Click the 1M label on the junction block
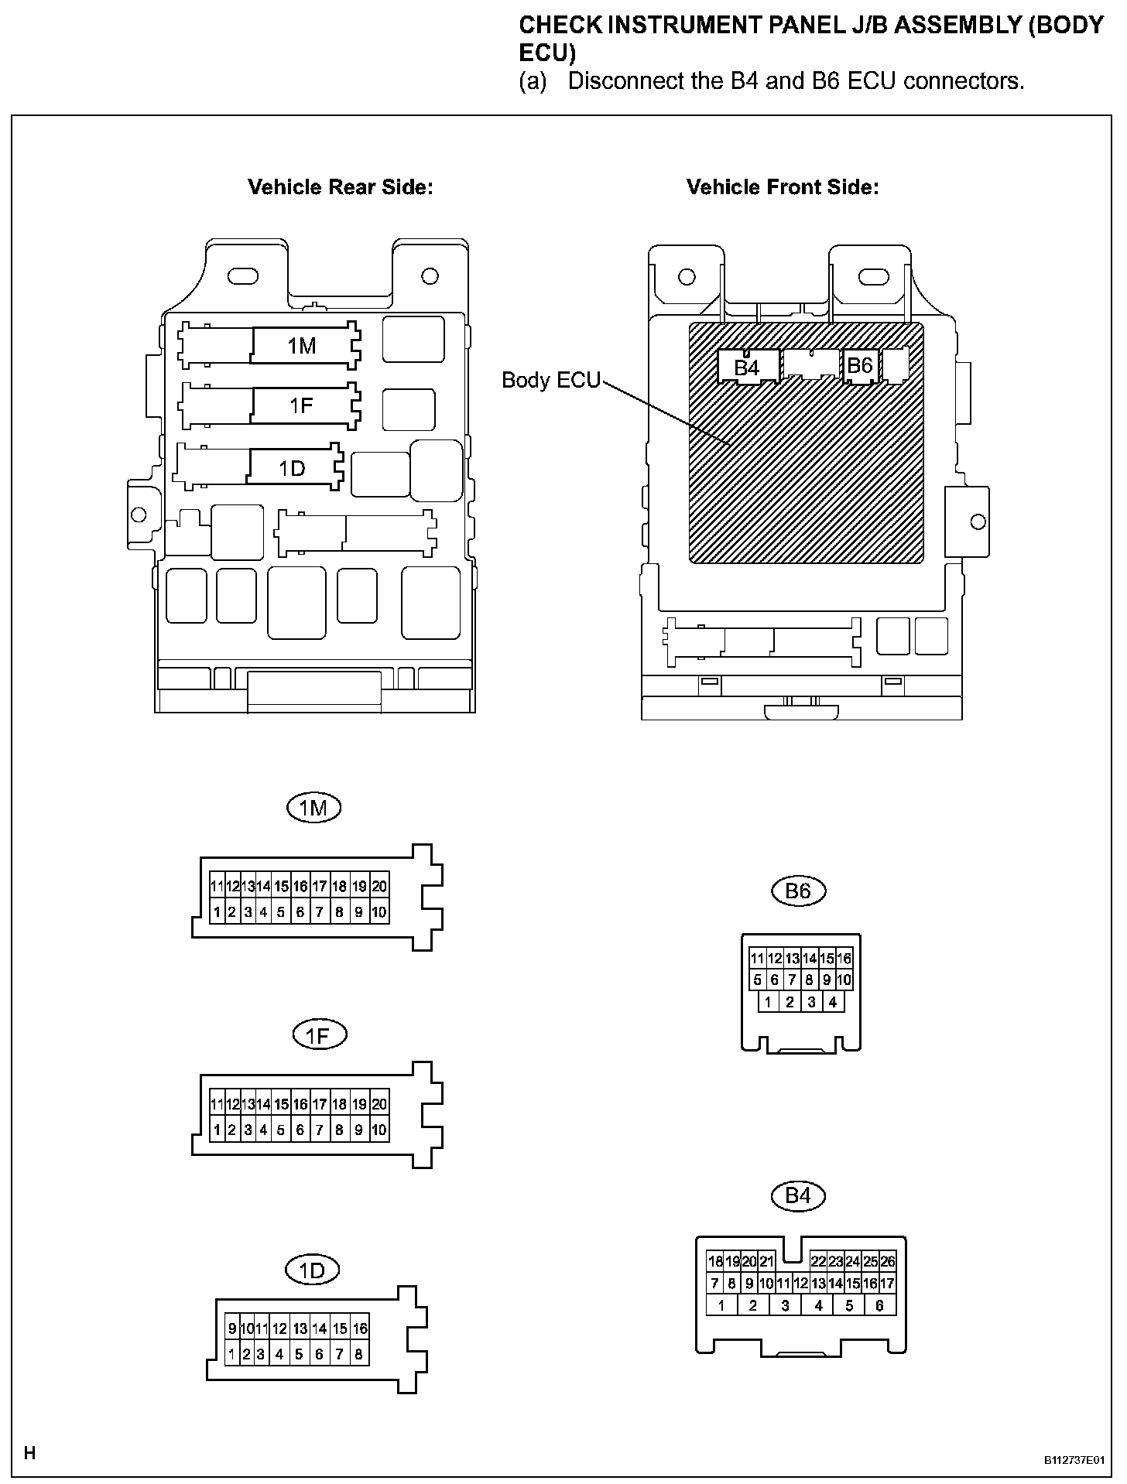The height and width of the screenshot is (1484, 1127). point(302,346)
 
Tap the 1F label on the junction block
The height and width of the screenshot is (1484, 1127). point(301,405)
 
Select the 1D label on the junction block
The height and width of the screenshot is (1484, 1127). point(292,468)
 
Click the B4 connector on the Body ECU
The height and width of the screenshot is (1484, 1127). point(746,368)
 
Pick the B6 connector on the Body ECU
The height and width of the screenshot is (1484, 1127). point(860,365)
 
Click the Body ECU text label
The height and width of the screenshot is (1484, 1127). point(550,380)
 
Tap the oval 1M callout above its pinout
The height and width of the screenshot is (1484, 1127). point(313,809)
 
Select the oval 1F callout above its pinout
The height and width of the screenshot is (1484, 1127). point(319,1035)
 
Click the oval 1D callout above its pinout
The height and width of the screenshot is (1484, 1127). point(313,1270)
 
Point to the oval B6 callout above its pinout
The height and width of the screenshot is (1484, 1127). point(798,891)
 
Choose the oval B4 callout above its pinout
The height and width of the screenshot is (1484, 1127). point(798,1195)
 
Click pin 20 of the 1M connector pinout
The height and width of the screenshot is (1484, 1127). point(379,887)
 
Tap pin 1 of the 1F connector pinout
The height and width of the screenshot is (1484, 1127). point(217,1130)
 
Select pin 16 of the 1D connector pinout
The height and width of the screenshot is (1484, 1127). point(360,1328)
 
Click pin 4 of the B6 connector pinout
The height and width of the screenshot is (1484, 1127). point(832,1002)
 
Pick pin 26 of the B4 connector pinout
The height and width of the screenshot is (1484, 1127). point(888,1261)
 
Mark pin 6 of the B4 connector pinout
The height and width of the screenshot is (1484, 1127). point(879,1305)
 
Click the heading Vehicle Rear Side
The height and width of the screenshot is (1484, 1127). point(340,187)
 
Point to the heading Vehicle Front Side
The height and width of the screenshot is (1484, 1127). point(783,187)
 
